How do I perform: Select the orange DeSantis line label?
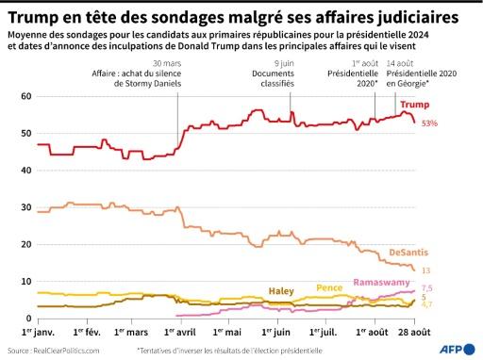pos(411,254)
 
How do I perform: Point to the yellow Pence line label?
pos(329,287)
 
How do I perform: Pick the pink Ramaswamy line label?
pos(381,282)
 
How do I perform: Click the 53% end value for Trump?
pos(429,123)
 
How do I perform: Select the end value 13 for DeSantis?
pos(426,270)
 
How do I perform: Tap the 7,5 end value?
pos(426,288)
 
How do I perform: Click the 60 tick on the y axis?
pos(25,96)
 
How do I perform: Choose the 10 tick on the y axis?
pos(25,281)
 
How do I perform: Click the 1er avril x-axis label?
pos(179,332)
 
